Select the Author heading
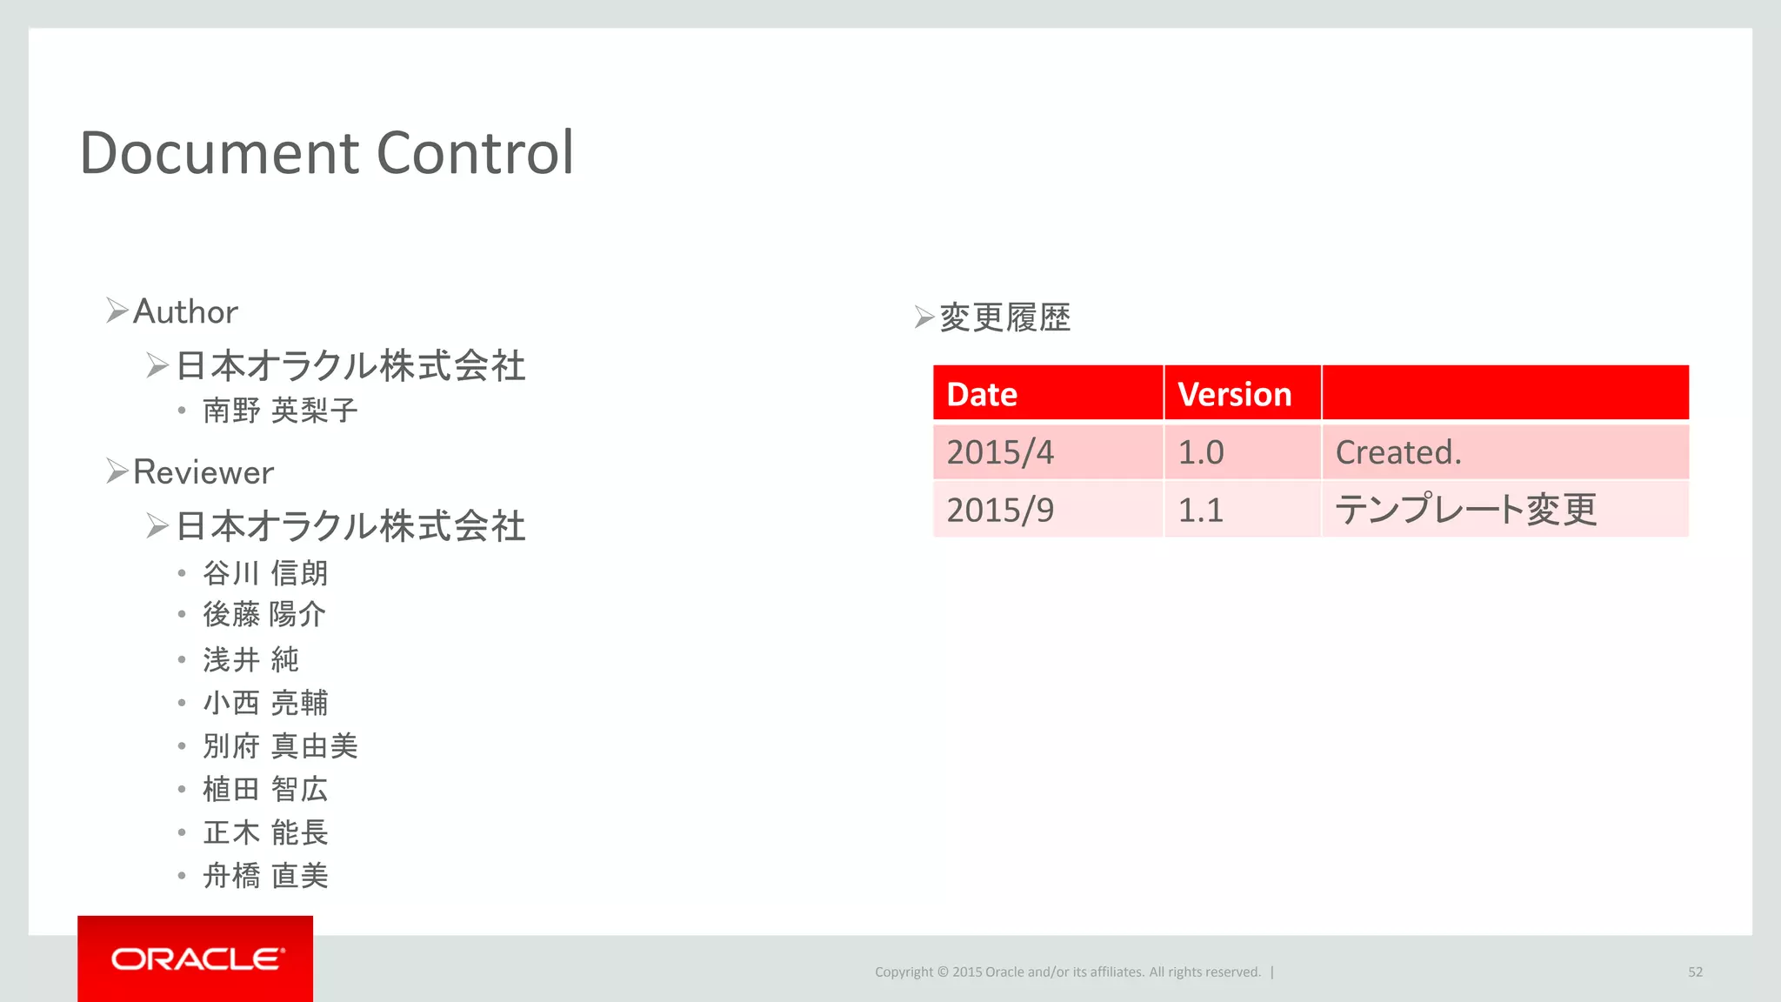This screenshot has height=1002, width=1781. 185,311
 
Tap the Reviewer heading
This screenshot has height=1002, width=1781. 203,472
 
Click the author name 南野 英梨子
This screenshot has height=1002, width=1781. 280,411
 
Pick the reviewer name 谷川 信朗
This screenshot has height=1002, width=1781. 265,573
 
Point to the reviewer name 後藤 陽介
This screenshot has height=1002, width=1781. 264,615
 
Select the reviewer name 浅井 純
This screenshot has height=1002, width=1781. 250,659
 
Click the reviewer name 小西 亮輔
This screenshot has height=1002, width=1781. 265,703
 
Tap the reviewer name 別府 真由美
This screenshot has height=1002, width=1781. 280,746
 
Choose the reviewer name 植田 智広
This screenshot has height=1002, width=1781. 265,789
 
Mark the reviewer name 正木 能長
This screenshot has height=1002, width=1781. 265,832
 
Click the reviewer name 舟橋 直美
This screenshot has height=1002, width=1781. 265,876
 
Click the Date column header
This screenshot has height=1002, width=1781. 982,394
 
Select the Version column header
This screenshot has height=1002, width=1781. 1234,394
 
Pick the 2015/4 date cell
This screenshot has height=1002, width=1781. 1000,452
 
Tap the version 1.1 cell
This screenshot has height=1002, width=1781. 1200,510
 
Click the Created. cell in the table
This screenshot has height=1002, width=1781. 1398,452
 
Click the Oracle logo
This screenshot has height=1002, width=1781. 197,959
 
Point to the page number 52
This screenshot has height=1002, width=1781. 1695,972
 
